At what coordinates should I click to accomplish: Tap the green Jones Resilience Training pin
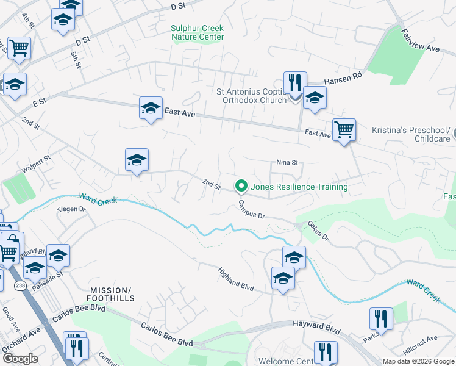pyautogui.click(x=241, y=186)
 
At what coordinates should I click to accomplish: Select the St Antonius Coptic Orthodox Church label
pyautogui.click(x=252, y=96)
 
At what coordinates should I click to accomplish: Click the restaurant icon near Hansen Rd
pyautogui.click(x=295, y=84)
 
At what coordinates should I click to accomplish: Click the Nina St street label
pyautogui.click(x=287, y=163)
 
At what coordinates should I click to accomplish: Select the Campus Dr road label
pyautogui.click(x=252, y=209)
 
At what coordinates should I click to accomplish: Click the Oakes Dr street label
pyautogui.click(x=318, y=231)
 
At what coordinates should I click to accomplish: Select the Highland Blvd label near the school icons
pyautogui.click(x=236, y=278)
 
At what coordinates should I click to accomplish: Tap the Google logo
pyautogui.click(x=21, y=359)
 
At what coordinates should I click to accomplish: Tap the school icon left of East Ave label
pyautogui.click(x=151, y=109)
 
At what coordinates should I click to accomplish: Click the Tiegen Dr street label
pyautogui.click(x=72, y=209)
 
